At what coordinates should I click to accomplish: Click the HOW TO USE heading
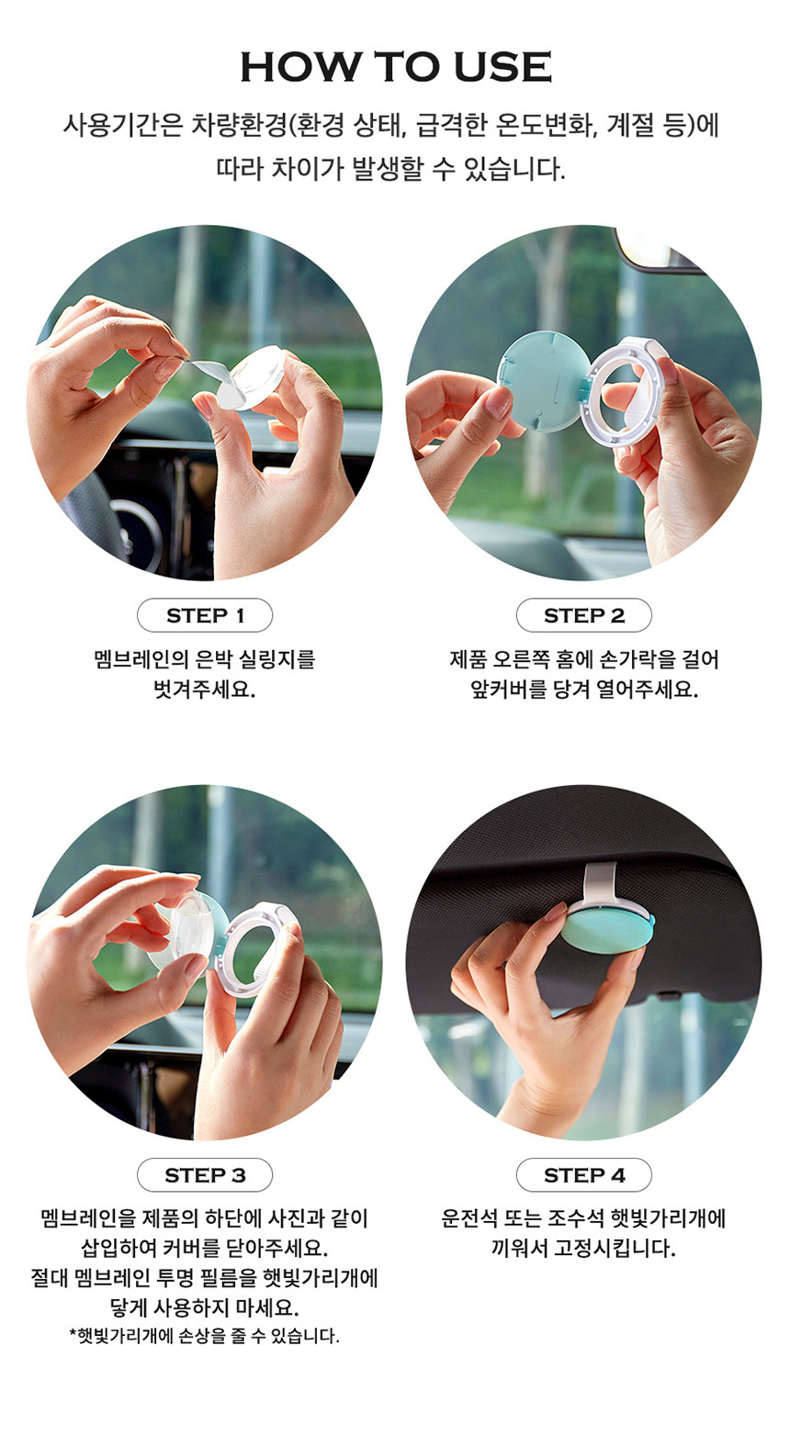[396, 66]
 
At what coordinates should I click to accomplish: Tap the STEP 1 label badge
[204, 615]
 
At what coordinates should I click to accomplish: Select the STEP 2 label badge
[583, 615]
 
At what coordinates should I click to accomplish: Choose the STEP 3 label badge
[204, 1175]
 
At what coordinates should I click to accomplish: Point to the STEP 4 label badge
[583, 1175]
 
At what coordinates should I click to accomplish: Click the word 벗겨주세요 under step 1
[204, 690]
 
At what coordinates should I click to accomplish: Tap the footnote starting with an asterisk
[204, 1336]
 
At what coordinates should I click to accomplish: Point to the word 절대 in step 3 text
[49, 1278]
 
